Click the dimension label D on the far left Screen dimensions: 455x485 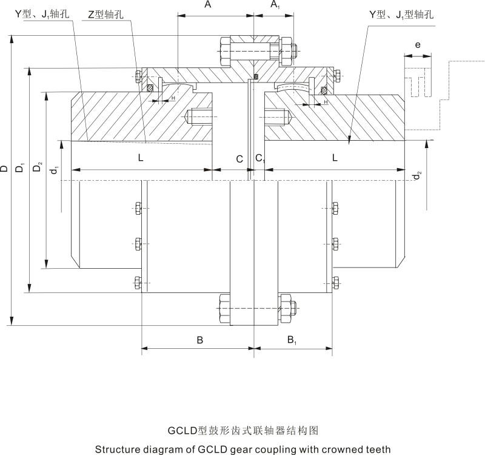click(5, 168)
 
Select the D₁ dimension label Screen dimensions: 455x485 click(21, 168)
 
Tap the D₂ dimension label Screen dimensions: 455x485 click(38, 168)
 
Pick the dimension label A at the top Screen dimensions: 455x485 click(208, 5)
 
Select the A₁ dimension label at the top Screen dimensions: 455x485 click(275, 5)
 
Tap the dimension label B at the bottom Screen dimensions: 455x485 click(199, 340)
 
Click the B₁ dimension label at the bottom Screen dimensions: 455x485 click(292, 340)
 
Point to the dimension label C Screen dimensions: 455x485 click(240, 159)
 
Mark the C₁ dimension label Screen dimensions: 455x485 click(259, 159)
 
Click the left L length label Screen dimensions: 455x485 click(141, 158)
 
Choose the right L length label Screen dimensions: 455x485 click(335, 158)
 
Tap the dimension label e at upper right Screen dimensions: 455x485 click(418, 45)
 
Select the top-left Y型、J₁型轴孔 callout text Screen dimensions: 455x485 click(42, 14)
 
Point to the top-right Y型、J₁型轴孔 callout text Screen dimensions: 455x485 click(401, 14)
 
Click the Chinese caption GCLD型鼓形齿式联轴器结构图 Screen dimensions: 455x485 click(242, 431)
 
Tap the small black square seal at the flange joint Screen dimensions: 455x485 click(256, 77)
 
